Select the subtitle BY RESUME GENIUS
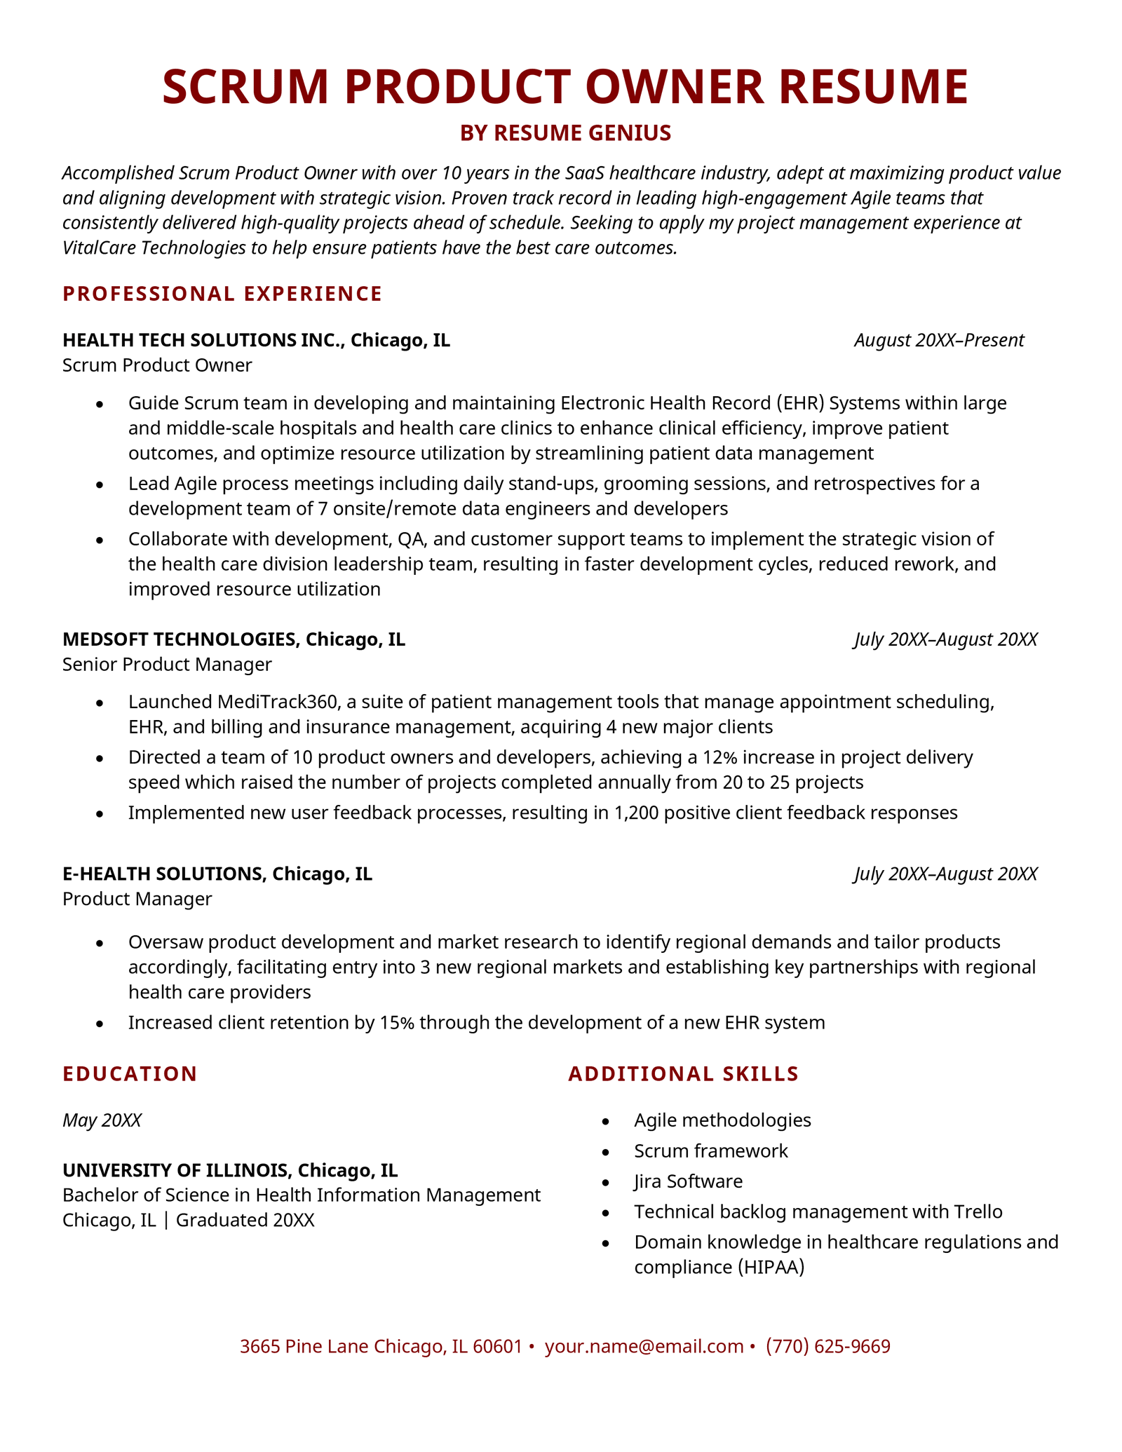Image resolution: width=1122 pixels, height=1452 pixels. tap(565, 133)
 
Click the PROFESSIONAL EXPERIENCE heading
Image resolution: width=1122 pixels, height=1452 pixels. tap(222, 294)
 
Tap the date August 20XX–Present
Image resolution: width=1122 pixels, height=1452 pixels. tap(939, 341)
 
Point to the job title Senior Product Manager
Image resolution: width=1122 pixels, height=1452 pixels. tap(167, 664)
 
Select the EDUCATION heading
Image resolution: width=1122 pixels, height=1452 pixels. tap(130, 1074)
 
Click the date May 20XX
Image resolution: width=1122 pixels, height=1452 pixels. tap(102, 1120)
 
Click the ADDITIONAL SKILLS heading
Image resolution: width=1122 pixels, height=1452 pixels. tap(683, 1074)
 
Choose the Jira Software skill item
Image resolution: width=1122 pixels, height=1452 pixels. tap(688, 1181)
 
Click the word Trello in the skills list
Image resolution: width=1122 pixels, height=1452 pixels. tap(978, 1212)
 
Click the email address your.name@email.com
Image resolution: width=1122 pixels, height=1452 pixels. tap(644, 1346)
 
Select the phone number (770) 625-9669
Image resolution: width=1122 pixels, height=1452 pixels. tap(827, 1346)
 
